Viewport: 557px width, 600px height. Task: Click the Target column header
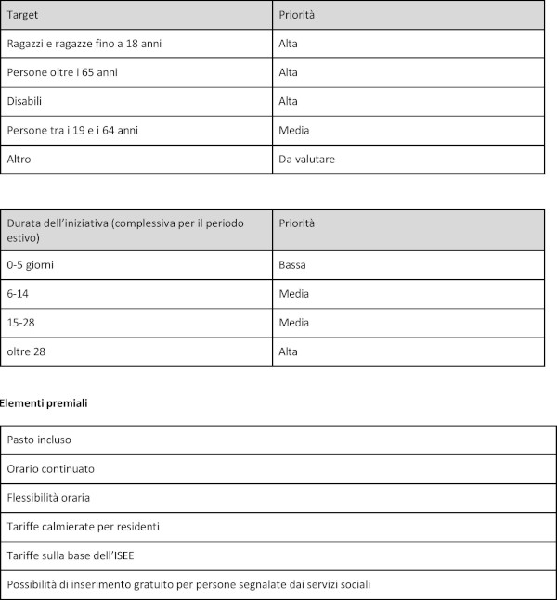[23, 16]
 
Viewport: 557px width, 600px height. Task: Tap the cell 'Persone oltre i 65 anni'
[62, 72]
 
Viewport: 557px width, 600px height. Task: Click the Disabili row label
[25, 101]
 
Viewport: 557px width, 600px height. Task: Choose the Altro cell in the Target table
[19, 159]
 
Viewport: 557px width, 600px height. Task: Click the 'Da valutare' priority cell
[306, 159]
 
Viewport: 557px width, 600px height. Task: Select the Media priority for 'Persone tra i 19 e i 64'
[293, 130]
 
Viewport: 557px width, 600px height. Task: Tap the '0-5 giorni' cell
[32, 265]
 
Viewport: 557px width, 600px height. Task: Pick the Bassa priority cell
[292, 265]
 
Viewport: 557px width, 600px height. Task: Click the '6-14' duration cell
[19, 294]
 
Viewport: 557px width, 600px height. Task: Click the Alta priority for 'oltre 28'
[288, 351]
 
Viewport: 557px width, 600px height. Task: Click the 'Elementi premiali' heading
[45, 403]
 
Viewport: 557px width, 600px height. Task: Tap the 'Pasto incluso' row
[39, 440]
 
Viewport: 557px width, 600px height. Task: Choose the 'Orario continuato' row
[50, 468]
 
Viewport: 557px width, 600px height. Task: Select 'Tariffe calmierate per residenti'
[84, 526]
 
